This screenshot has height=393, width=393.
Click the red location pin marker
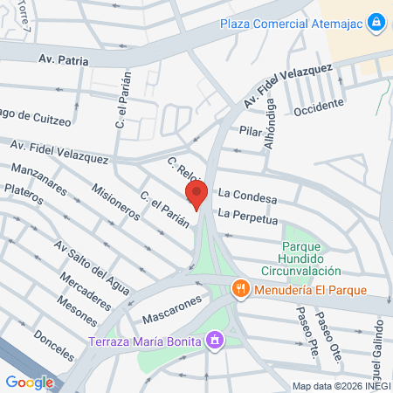coord(197,196)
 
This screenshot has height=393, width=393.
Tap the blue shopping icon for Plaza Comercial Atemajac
coord(376,20)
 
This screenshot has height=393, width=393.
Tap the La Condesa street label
coord(247,199)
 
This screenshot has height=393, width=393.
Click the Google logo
coord(29,382)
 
